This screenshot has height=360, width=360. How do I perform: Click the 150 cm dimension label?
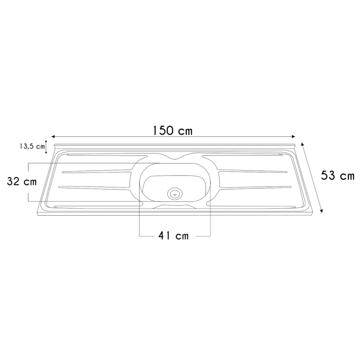(x=172, y=131)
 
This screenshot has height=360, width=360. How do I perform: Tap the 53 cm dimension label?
(x=338, y=176)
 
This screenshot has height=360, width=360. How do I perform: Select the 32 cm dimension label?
(x=22, y=181)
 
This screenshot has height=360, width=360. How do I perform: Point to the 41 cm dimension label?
(x=174, y=235)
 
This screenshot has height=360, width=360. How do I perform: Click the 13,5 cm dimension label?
(x=32, y=147)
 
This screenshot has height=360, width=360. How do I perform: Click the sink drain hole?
(x=175, y=194)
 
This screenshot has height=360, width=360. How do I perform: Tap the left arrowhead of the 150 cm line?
(x=53, y=136)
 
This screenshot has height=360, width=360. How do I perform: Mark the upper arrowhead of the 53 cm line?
(x=302, y=144)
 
